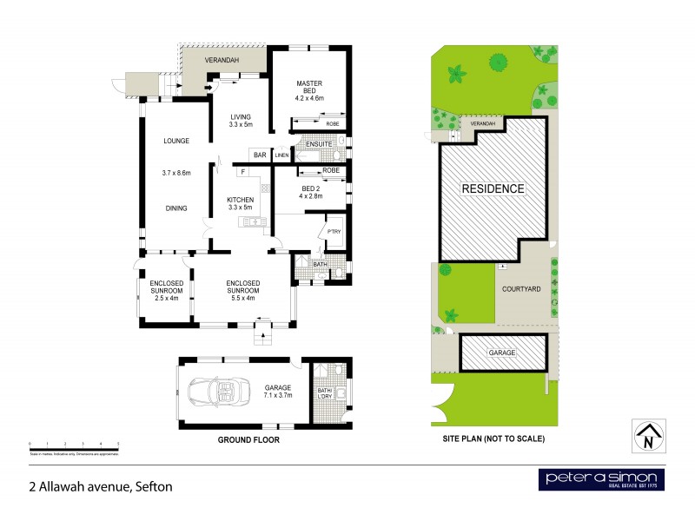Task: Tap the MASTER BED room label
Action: click(309, 84)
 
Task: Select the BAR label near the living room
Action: click(259, 155)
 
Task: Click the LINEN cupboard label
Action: click(282, 156)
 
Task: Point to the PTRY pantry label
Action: click(334, 231)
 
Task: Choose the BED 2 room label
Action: click(311, 189)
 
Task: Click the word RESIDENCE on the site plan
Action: click(493, 188)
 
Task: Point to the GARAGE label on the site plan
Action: click(502, 353)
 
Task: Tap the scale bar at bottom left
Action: click(73, 445)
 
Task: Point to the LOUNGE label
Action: click(175, 141)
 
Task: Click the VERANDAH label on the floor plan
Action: click(222, 61)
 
